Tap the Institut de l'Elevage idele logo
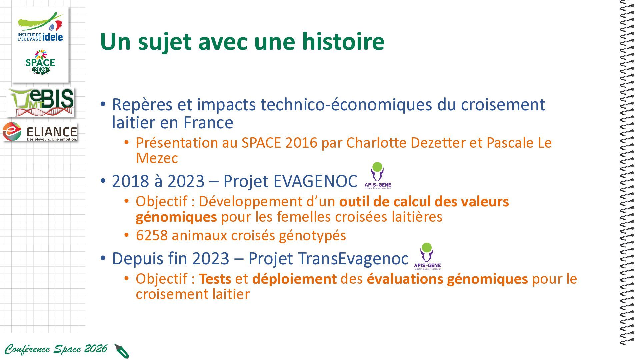(40, 27)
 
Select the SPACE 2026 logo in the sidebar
(40, 62)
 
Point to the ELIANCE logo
(40, 132)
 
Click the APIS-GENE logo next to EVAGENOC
(377, 176)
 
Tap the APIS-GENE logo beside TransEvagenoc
(427, 256)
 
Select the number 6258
(152, 235)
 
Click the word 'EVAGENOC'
(315, 181)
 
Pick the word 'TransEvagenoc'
(353, 259)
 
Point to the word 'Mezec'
(157, 158)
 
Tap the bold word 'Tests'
(215, 279)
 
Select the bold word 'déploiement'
(294, 279)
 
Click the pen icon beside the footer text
(122, 351)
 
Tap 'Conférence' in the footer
(27, 349)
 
